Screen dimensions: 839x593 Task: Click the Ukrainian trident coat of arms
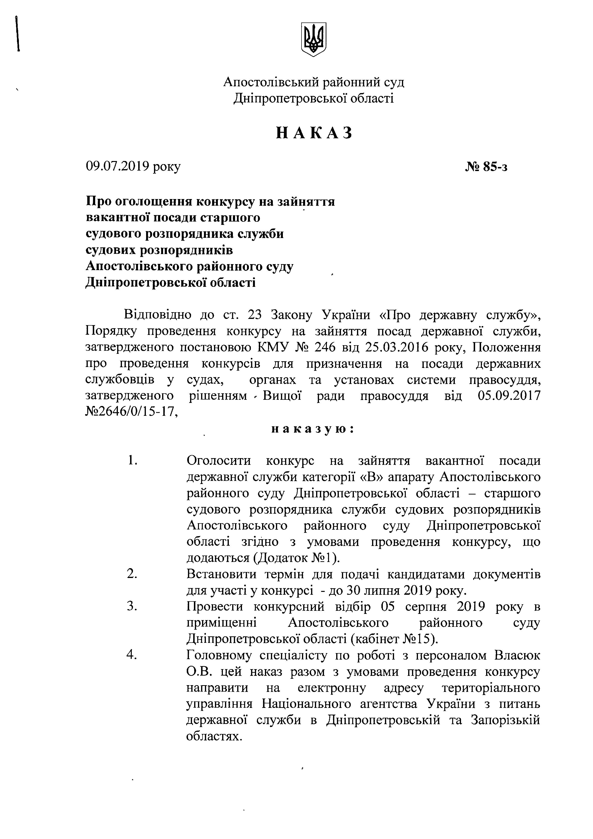point(313,39)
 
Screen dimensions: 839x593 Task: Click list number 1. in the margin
point(132,461)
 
